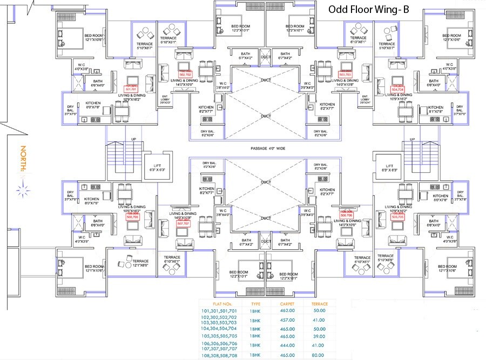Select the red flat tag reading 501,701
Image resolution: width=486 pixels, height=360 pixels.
(x=131, y=89)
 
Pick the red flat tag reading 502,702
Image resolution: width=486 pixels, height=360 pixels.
(x=185, y=74)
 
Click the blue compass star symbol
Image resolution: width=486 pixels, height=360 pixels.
(x=23, y=189)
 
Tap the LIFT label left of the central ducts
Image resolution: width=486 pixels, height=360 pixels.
(x=157, y=167)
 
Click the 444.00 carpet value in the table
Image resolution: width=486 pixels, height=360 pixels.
(x=287, y=343)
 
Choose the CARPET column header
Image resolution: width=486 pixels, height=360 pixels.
(x=287, y=303)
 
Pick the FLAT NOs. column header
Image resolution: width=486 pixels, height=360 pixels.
(x=219, y=303)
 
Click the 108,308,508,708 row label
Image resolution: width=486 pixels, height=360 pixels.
(x=219, y=355)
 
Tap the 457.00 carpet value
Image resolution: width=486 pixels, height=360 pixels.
(x=287, y=319)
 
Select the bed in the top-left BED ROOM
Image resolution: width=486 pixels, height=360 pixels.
(x=67, y=38)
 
